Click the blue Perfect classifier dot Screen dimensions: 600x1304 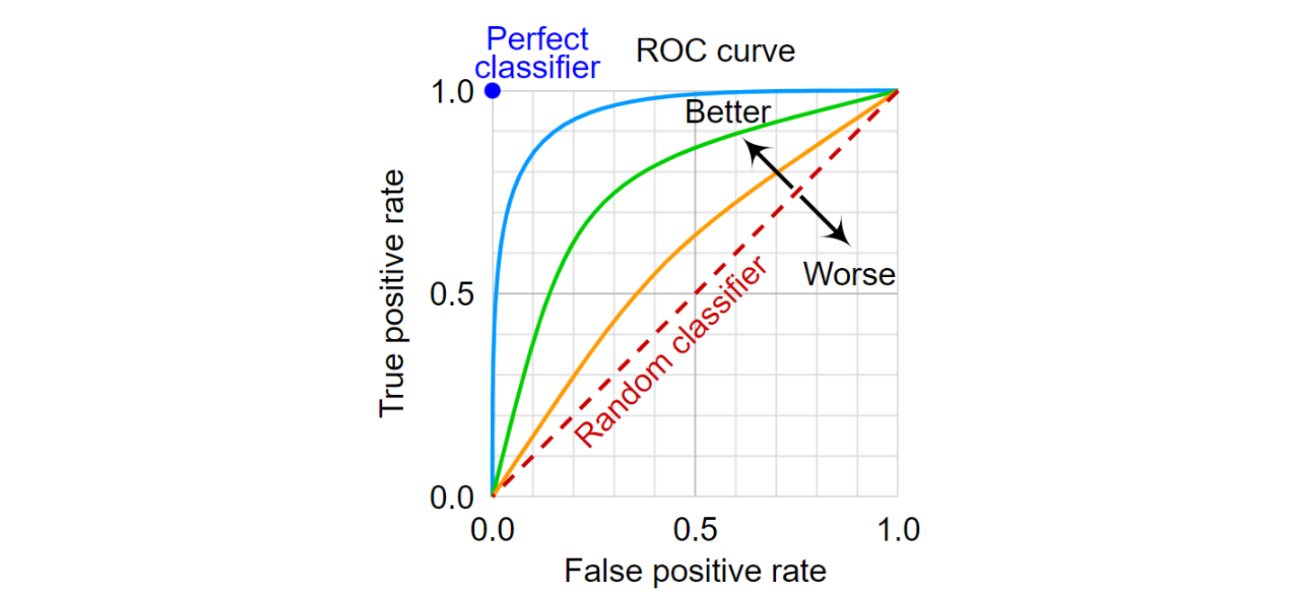tap(492, 91)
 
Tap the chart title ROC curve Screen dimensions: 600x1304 tap(715, 51)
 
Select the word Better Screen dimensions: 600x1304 tap(727, 112)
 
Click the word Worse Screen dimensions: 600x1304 tap(849, 273)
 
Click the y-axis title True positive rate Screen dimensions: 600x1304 tap(392, 293)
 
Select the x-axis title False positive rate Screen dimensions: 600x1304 tap(694, 570)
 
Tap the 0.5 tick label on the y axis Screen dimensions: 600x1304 tap(453, 294)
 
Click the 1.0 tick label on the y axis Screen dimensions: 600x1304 tap(453, 92)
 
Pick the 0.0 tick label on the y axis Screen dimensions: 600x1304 tap(453, 497)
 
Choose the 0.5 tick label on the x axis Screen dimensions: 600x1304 tap(694, 530)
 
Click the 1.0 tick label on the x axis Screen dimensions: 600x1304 tap(897, 530)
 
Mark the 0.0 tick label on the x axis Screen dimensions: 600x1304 tap(492, 530)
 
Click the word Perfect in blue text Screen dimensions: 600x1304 tap(537, 39)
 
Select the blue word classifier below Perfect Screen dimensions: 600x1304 tap(537, 67)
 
